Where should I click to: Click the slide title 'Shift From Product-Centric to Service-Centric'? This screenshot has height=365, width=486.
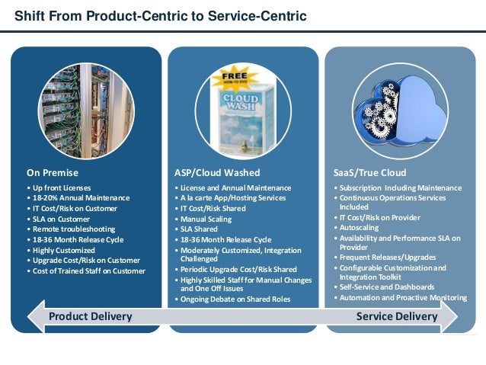[161, 15]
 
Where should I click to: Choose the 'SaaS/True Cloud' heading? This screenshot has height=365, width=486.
[370, 173]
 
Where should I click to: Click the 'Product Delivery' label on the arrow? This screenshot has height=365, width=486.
[91, 316]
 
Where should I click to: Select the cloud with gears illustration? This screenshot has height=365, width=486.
[403, 111]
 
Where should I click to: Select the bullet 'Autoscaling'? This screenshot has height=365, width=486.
[361, 227]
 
